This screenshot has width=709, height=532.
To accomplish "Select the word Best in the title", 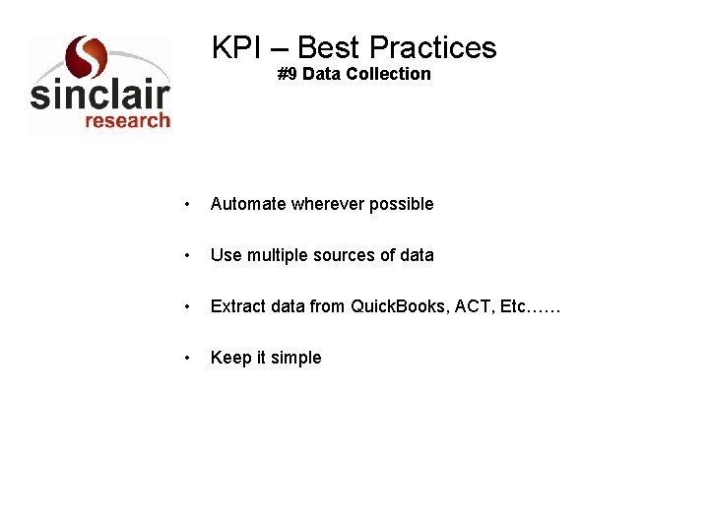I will click(x=328, y=47).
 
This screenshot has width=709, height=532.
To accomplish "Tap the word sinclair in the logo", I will click(x=99, y=95).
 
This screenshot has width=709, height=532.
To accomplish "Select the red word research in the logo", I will click(x=127, y=120).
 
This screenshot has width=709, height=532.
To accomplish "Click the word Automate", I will click(x=247, y=204).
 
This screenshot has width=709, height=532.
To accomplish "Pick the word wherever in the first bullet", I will click(x=327, y=204).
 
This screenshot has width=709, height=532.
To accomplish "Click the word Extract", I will click(x=237, y=306).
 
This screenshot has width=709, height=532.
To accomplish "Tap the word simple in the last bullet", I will click(x=296, y=358).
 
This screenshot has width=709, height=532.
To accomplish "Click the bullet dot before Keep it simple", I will click(x=187, y=359).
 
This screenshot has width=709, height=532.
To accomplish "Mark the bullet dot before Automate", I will click(x=187, y=205).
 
